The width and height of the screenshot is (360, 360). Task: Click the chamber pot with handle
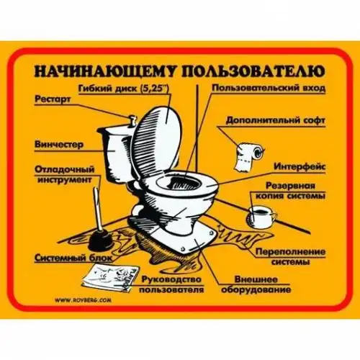pyautogui.click(x=261, y=217)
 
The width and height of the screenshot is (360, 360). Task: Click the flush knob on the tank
pyautogui.click(x=132, y=120)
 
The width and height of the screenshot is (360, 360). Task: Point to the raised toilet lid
pyautogui.click(x=156, y=142)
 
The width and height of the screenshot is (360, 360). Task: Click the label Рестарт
pyautogui.click(x=53, y=99)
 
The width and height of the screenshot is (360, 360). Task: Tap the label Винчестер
pyautogui.click(x=59, y=145)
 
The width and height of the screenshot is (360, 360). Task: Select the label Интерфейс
pyautogui.click(x=300, y=166)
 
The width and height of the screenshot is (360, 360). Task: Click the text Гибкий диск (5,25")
pyautogui.click(x=124, y=89)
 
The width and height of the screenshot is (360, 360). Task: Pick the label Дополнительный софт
pyautogui.click(x=275, y=120)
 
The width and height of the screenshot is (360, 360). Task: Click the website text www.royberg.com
pyautogui.click(x=83, y=300)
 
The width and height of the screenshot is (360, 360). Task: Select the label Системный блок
pyautogui.click(x=73, y=258)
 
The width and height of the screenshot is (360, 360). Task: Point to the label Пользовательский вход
pyautogui.click(x=269, y=88)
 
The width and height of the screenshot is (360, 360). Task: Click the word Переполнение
pyautogui.click(x=290, y=252)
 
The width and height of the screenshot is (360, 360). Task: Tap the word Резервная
pyautogui.click(x=290, y=186)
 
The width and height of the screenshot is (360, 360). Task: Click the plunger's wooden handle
pyautogui.click(x=96, y=210)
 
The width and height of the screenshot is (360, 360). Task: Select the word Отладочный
pyautogui.click(x=65, y=169)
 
